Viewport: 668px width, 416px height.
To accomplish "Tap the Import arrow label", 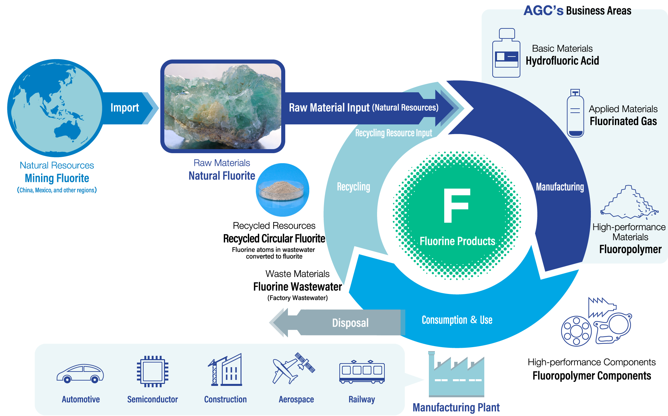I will pos(125,108).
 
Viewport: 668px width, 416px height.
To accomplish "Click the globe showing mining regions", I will pos(55,108).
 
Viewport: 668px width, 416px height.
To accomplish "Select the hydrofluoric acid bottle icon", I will pos(506,54).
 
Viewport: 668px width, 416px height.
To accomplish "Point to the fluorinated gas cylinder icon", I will pos(575,114).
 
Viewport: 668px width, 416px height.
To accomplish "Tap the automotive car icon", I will pos(80,373).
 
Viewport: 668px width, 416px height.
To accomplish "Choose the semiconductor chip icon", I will pos(153,372).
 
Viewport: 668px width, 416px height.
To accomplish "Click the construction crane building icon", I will pos(225,370).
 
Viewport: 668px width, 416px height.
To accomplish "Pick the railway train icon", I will pos(362,372).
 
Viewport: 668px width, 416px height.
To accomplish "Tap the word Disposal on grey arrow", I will pos(350,323).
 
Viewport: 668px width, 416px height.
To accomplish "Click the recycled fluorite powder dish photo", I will pos(283,190).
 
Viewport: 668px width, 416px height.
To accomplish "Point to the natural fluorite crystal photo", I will pos(223,106).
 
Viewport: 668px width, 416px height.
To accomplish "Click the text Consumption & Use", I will pos(457,320).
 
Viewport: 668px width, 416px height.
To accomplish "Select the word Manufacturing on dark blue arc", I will pos(560,187).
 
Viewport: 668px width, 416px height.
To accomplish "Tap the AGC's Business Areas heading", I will pos(577,11).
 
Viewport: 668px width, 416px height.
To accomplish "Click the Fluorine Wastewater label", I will pos(297,287).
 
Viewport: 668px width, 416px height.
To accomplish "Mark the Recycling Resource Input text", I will pos(393,133).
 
